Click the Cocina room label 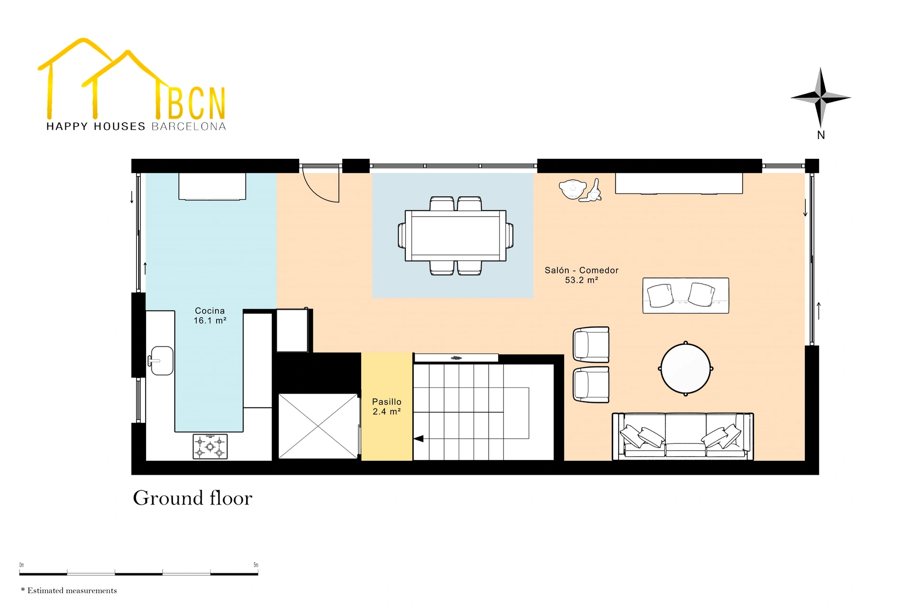point(210,315)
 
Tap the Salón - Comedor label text point(582,270)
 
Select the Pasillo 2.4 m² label point(387,407)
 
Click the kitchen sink point(161,360)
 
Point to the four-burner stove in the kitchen point(210,447)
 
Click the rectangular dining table point(455,236)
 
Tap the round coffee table point(686,368)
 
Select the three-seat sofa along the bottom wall point(683,436)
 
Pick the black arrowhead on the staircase point(419,439)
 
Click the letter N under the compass point(821,135)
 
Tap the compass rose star point(820,98)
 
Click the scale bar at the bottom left point(139,574)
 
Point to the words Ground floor point(192,498)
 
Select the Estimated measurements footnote point(69,590)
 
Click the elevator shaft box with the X point(318,426)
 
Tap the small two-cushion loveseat point(686,295)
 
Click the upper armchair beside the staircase point(591,344)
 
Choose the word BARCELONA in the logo point(189,127)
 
